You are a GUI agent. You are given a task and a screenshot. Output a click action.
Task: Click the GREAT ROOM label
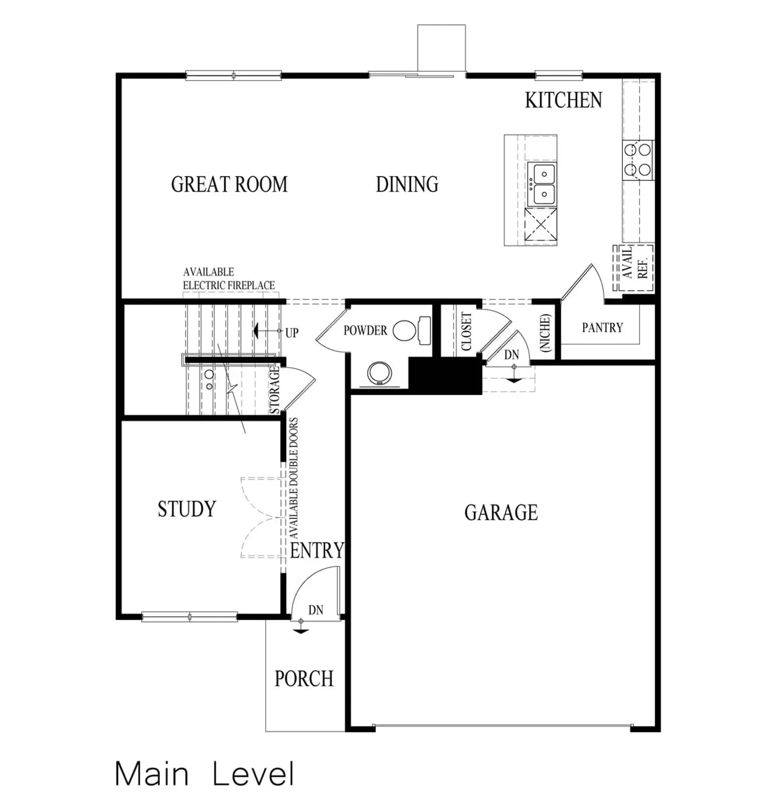point(229,185)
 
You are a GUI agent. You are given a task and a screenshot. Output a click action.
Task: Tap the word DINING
point(407,185)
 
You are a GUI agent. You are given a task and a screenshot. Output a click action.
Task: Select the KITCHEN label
point(563,100)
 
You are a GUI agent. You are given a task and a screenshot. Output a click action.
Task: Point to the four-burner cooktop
point(638,160)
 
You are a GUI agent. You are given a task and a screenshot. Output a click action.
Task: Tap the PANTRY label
point(602,328)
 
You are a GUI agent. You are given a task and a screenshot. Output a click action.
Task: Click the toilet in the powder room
point(412,329)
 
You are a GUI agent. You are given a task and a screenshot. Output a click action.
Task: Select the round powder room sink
point(379,373)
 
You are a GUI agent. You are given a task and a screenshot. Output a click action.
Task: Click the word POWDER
point(365,330)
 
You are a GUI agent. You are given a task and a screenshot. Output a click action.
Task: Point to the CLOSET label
point(466,331)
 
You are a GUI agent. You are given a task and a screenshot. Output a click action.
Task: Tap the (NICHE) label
point(545,333)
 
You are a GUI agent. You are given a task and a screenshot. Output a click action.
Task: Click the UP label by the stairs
point(292,333)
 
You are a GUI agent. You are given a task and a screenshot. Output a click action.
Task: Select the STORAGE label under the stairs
point(275,390)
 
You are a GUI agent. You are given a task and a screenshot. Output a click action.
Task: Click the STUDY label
point(187,509)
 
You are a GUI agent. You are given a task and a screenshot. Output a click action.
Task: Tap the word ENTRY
point(317,550)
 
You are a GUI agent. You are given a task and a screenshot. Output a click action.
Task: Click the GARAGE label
point(501,513)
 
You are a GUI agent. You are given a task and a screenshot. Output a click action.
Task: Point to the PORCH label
point(304,679)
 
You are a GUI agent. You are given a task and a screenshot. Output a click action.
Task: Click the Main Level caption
point(205,774)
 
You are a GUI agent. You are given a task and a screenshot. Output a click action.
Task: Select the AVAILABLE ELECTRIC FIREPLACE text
point(229,279)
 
